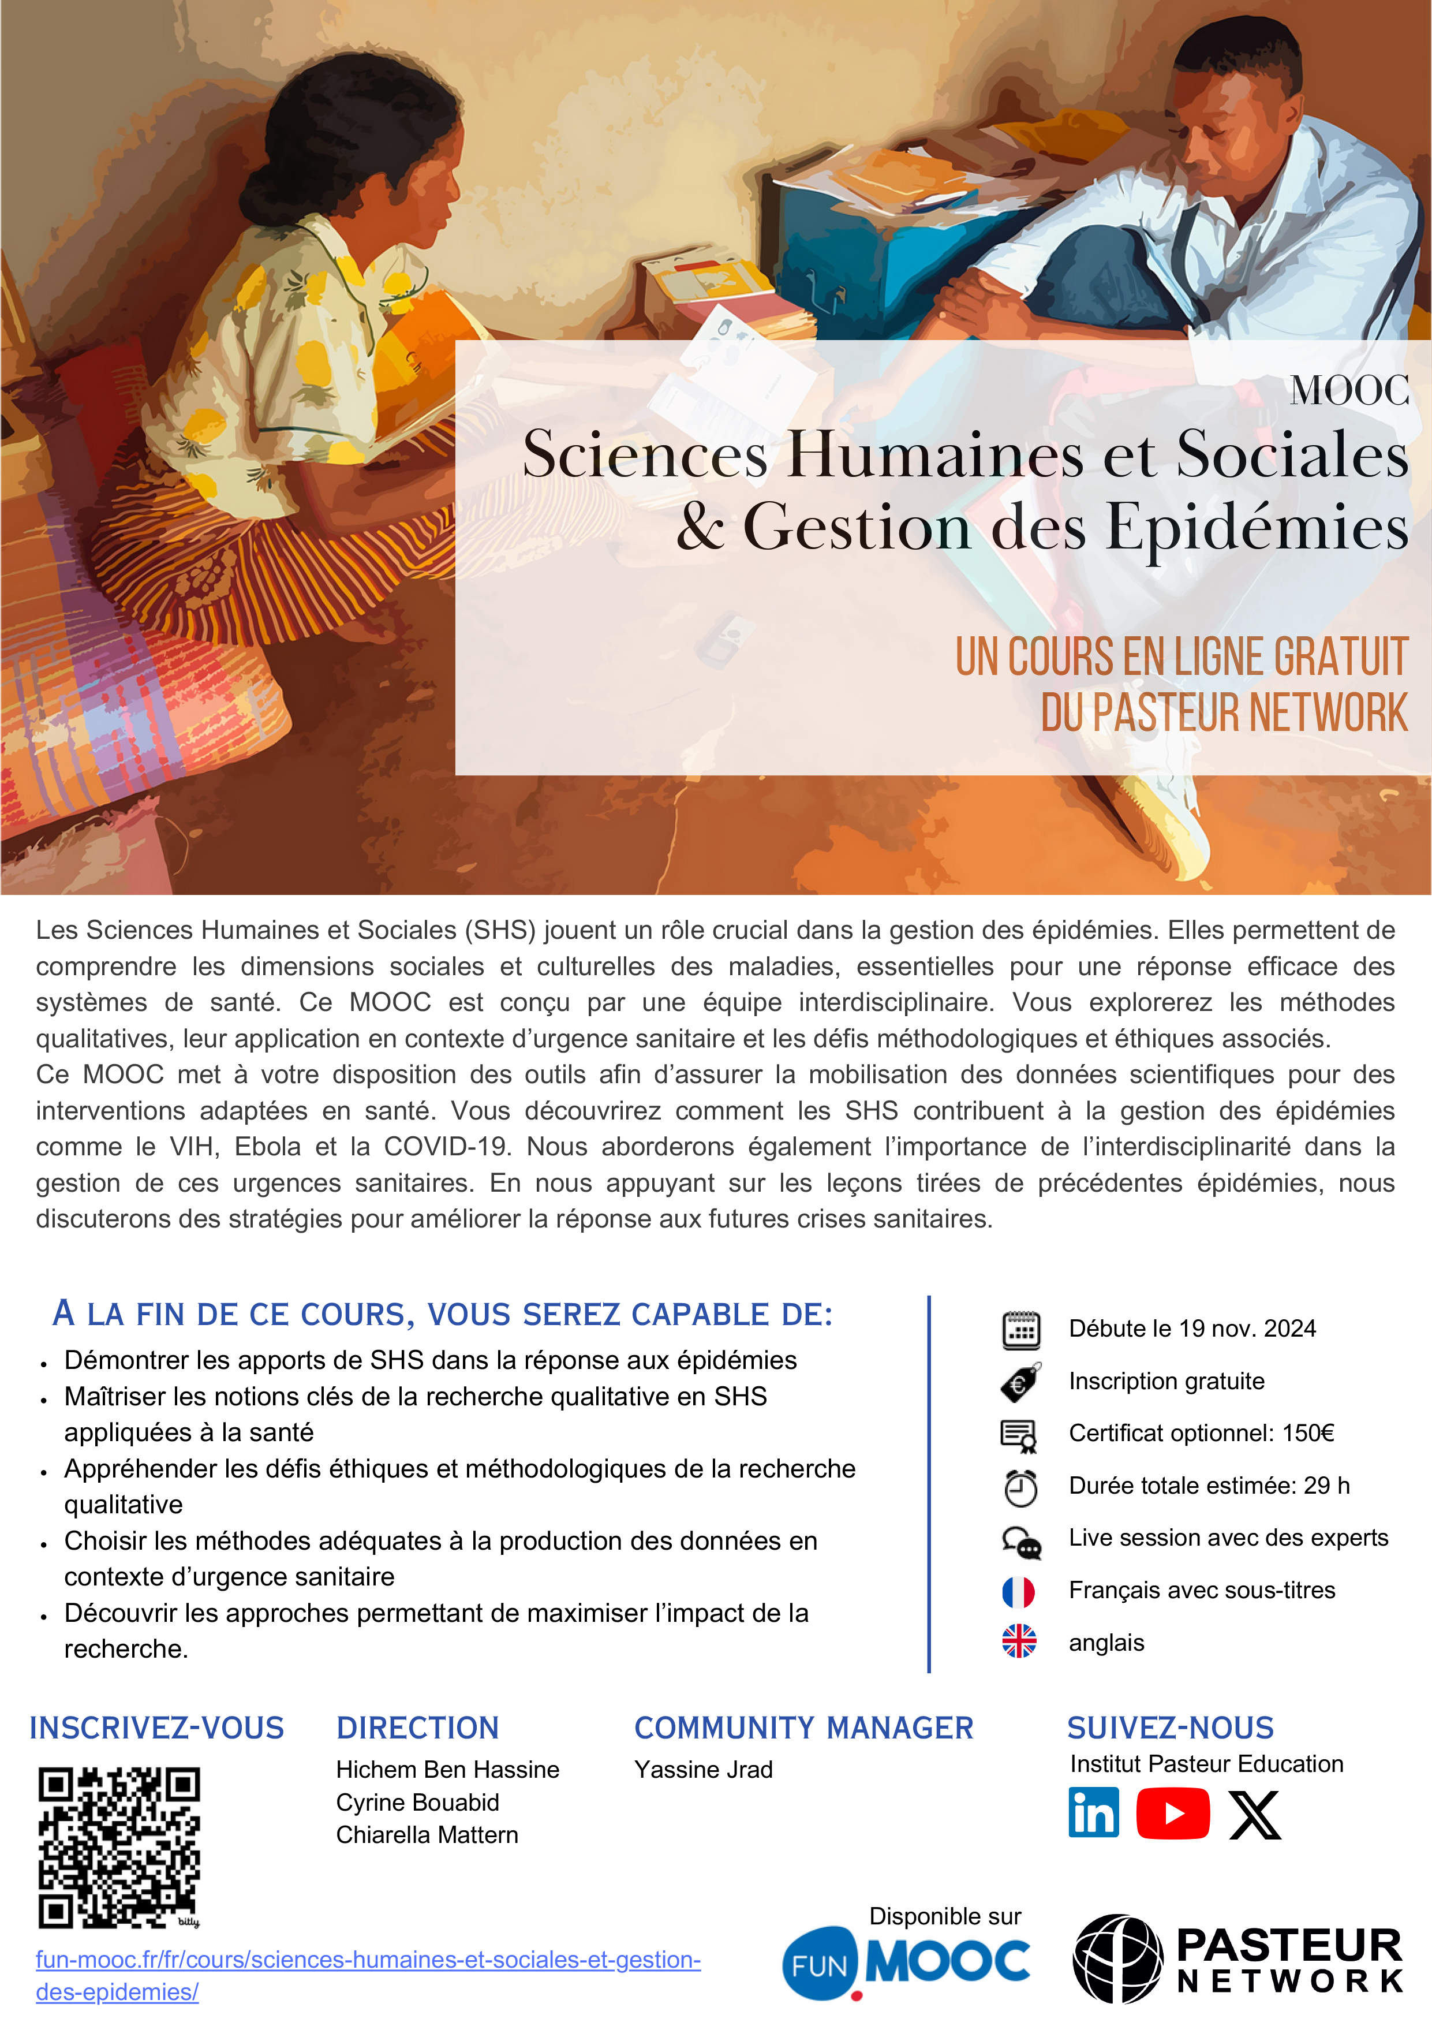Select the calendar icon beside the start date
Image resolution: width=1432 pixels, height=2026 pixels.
[1021, 1329]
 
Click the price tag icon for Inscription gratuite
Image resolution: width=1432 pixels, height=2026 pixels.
[1020, 1382]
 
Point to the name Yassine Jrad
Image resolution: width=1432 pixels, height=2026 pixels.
[703, 1769]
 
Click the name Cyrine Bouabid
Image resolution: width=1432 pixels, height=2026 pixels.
[417, 1802]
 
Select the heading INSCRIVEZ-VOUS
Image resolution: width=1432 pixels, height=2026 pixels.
[156, 1727]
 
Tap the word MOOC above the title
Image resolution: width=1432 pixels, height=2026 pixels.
[1349, 390]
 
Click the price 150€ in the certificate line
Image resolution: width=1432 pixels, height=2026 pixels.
[1307, 1433]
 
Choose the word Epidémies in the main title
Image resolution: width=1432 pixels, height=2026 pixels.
[1257, 527]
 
